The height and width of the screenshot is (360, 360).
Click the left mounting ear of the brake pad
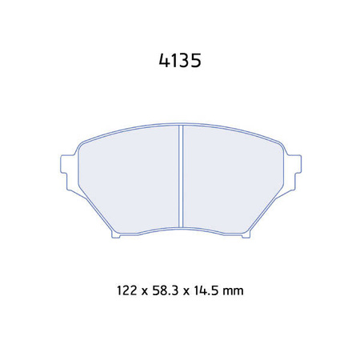pos(67,163)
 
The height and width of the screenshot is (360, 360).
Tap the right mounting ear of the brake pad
pos(294,163)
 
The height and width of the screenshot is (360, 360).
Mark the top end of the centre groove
pos(181,128)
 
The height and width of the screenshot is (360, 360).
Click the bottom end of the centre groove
pos(181,227)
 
